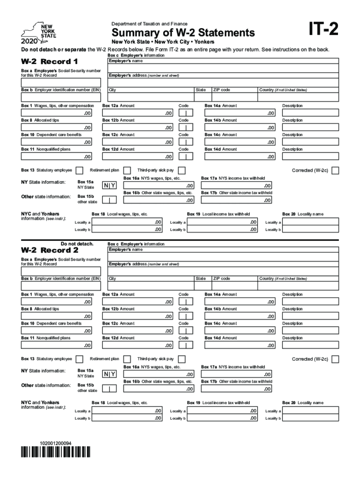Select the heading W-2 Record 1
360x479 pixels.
(x=50, y=62)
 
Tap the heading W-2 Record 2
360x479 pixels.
(x=50, y=250)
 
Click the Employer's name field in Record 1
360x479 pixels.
(x=223, y=69)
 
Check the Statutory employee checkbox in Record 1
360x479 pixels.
(x=79, y=170)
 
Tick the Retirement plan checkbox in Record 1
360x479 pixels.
(x=126, y=170)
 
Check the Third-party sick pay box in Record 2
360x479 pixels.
(x=181, y=359)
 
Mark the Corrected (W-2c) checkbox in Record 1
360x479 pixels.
(x=335, y=170)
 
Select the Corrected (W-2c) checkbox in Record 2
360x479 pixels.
(x=335, y=359)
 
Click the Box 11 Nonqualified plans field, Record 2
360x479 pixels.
(x=57, y=345)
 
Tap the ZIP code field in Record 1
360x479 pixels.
(x=235, y=98)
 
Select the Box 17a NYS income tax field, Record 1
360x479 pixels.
(x=237, y=186)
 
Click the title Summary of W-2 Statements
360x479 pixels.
(x=183, y=33)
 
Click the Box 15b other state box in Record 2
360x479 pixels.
(x=109, y=388)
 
